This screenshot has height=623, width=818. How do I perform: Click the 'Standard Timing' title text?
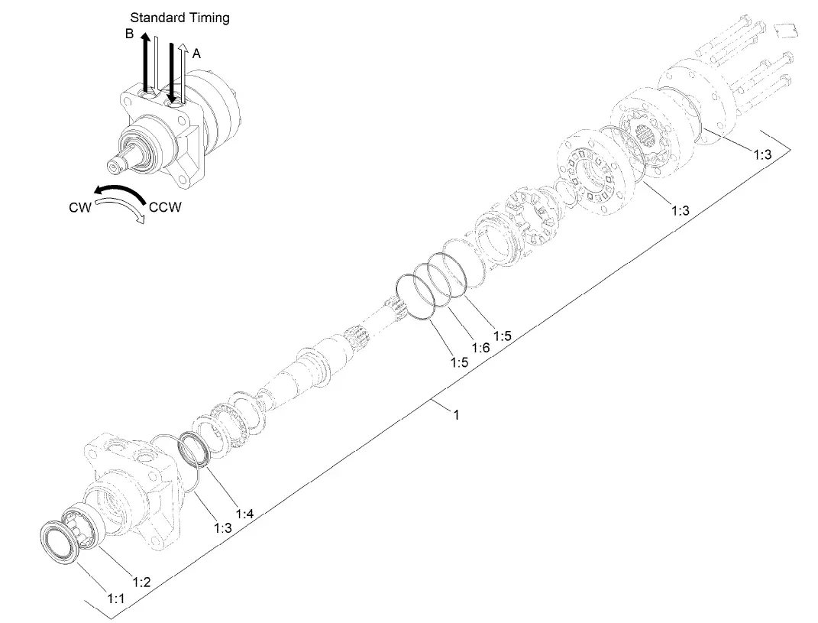click(x=179, y=18)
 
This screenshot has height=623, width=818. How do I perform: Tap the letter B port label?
click(x=129, y=34)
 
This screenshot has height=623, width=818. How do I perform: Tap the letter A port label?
click(x=196, y=54)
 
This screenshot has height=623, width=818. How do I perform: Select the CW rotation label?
click(x=80, y=207)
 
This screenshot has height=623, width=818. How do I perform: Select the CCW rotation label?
click(x=165, y=207)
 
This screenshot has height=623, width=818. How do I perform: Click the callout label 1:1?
click(x=116, y=599)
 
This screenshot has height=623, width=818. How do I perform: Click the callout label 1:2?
click(x=141, y=582)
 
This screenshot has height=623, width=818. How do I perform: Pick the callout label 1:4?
click(x=244, y=514)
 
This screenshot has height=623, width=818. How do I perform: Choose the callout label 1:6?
click(x=480, y=348)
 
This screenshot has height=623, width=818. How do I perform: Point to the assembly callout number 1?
click(x=457, y=414)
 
